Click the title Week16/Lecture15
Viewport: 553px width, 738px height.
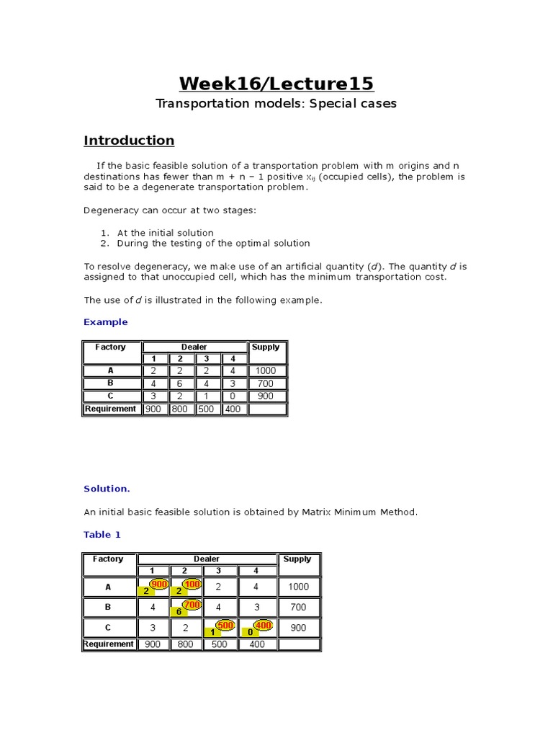[276, 84]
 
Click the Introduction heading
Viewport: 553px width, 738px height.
[129, 141]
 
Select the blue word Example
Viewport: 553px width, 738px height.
[106, 322]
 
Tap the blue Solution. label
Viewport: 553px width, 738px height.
[107, 489]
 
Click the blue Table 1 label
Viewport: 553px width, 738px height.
[102, 535]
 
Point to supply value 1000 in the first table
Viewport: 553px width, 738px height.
[266, 371]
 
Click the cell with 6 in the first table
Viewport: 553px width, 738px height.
[180, 384]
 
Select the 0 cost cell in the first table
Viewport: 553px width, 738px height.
[233, 396]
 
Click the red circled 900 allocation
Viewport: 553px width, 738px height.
[158, 583]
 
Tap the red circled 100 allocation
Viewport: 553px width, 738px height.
[192, 583]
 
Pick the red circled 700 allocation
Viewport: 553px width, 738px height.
[192, 605]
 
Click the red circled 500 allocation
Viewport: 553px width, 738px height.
[225, 626]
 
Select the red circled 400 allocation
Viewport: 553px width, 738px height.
[263, 626]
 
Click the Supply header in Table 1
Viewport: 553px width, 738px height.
[297, 559]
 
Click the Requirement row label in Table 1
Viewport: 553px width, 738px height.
[109, 644]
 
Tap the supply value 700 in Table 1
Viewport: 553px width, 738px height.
[298, 608]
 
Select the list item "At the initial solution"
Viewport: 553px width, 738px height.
[165, 233]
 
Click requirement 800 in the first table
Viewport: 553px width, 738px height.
[180, 409]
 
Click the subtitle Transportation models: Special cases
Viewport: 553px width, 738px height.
[276, 104]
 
